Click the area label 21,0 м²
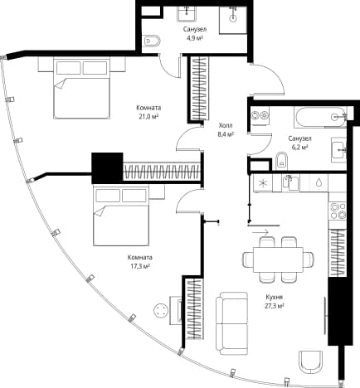(148, 117)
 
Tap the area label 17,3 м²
(140, 266)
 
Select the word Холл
(226, 126)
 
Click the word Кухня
(275, 298)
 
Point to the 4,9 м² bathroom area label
(195, 38)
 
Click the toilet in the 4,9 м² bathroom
(153, 41)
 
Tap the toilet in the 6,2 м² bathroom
(282, 161)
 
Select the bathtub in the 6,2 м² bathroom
(320, 117)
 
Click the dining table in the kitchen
(278, 259)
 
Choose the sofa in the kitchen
(231, 323)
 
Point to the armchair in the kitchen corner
(311, 362)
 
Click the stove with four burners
(338, 211)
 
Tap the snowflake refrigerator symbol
(261, 183)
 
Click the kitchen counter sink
(290, 183)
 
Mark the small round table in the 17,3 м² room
(161, 311)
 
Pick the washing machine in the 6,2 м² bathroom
(260, 115)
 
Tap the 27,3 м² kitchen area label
(275, 306)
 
